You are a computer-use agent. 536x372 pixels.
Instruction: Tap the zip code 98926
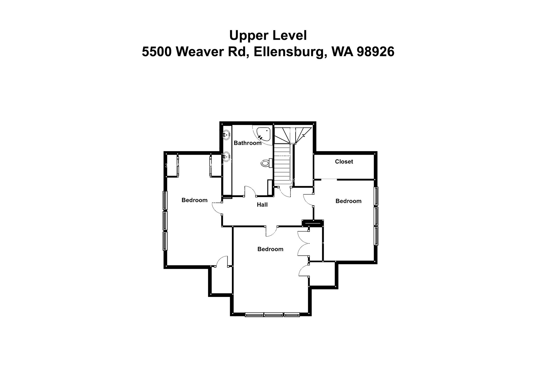[x=376, y=51]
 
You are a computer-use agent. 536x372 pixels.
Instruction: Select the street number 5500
[x=157, y=51]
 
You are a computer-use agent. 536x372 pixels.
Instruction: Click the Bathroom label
[x=247, y=143]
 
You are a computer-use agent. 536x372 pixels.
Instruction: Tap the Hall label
[x=262, y=205]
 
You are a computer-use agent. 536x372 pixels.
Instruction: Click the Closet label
[x=344, y=162]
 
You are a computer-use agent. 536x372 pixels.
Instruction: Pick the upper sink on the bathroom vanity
[x=227, y=135]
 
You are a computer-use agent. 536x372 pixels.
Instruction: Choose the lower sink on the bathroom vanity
[x=227, y=157]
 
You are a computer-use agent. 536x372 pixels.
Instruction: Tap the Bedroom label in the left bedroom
[x=194, y=200]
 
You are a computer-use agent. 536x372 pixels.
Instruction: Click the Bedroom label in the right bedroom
[x=348, y=201]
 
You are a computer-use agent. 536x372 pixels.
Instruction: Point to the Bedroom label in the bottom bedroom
[x=270, y=249]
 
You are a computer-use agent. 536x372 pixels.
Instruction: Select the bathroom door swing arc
[x=250, y=191]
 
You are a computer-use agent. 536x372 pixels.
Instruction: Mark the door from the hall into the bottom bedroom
[x=272, y=232]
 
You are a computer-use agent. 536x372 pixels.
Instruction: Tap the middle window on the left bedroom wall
[x=165, y=220]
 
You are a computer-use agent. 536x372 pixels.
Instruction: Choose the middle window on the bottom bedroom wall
[x=273, y=315]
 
